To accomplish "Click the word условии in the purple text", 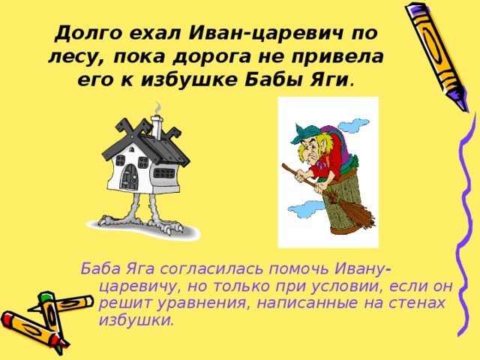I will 346,286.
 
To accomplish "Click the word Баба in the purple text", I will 98,269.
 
